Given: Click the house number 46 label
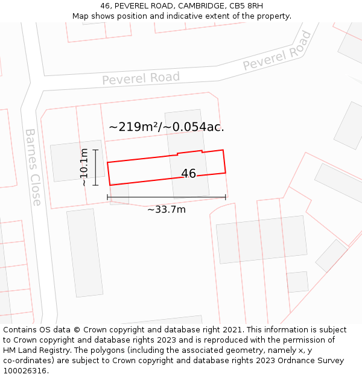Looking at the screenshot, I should tap(188, 174).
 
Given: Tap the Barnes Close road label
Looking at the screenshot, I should tap(33, 167).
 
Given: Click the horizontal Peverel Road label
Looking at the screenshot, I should tap(141, 78).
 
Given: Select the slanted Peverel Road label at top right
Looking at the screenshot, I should tap(278, 51).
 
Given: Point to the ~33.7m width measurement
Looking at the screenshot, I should tap(167, 209).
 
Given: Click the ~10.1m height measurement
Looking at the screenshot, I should tap(84, 167).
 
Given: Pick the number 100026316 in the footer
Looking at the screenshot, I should tap(24, 371).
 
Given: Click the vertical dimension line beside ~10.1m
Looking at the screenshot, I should tap(95, 167).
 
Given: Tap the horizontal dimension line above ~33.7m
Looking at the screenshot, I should tap(167, 197).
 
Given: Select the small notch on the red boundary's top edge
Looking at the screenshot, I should tap(202, 151).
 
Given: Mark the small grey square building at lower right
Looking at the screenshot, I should tap(297, 282).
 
